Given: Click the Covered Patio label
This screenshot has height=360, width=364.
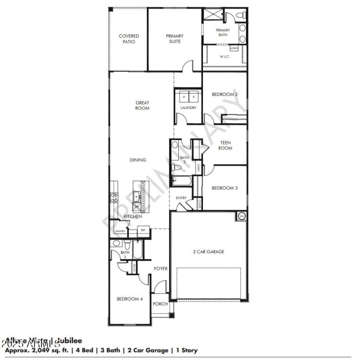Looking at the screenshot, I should click(x=129, y=39).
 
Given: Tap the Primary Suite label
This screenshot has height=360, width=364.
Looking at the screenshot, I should click(x=174, y=39).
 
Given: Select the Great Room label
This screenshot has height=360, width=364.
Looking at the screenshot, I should click(x=142, y=105).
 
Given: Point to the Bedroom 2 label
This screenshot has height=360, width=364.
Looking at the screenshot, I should click(x=225, y=95).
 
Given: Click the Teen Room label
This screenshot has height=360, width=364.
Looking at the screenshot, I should click(x=225, y=145).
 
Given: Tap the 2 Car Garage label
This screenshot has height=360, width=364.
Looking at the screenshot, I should click(x=208, y=251).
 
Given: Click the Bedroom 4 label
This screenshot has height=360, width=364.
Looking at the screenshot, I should click(x=130, y=299).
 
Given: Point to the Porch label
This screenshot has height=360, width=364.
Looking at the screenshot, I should click(x=160, y=304).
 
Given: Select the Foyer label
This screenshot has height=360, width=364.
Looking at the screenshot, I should click(x=160, y=269).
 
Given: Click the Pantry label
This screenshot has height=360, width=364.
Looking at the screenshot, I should click(x=120, y=231).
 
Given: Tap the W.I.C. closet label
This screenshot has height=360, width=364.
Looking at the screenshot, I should click(x=224, y=57).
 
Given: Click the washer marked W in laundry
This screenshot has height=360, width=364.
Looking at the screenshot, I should click(x=184, y=97).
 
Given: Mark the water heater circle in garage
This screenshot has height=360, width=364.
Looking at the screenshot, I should click(x=242, y=215).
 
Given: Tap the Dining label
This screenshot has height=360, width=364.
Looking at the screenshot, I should click(x=138, y=160).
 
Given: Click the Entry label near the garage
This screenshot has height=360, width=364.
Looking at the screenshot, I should click(x=181, y=198).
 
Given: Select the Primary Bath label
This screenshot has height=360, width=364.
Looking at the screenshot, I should click(x=223, y=32).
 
